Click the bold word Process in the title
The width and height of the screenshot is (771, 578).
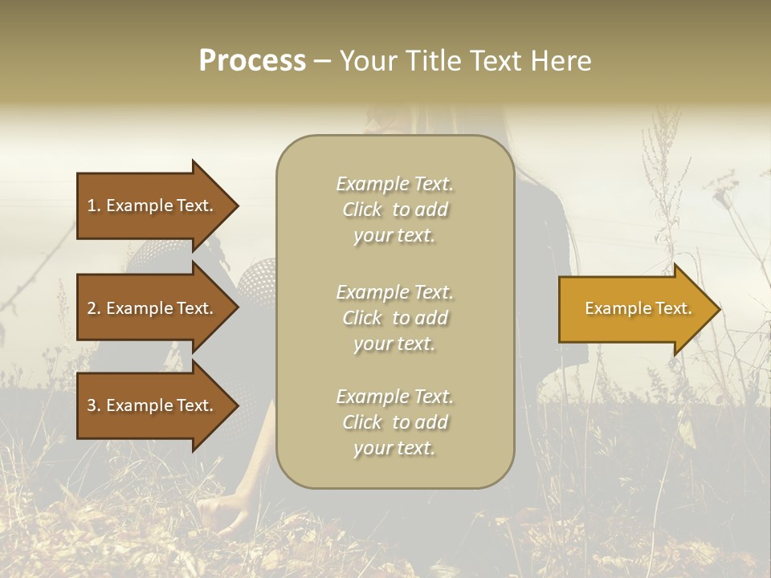coord(251,61)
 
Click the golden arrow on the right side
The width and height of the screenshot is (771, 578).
coord(634,308)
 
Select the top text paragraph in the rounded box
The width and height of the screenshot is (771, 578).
coord(394,210)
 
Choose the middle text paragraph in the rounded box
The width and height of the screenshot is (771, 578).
coord(394,318)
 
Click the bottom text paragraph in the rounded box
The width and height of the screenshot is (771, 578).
coord(394,422)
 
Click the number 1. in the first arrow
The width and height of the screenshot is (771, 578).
coord(94,206)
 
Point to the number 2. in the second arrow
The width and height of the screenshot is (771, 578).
coord(94,308)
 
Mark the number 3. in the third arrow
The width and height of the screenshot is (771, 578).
coord(94,405)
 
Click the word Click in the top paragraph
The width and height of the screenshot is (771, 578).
coord(362,210)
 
